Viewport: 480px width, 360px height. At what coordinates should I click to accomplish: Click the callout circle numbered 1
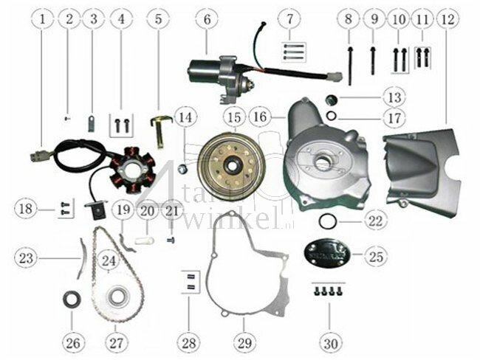(x=44, y=18)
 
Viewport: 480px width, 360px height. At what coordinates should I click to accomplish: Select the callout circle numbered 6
(x=207, y=18)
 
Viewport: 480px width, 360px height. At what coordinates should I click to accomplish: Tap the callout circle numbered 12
(x=446, y=18)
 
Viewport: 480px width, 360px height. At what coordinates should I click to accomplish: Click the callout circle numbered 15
(x=234, y=117)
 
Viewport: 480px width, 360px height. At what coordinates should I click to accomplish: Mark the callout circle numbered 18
(x=25, y=210)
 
